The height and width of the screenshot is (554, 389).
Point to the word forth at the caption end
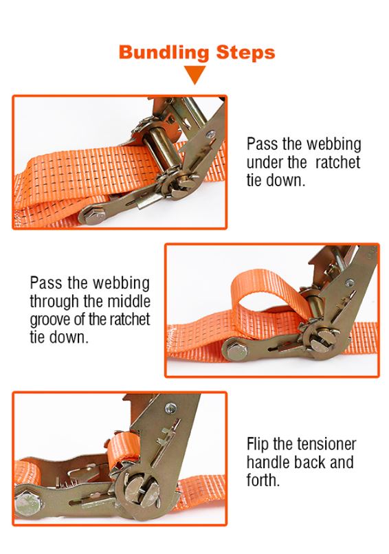click(x=262, y=479)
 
